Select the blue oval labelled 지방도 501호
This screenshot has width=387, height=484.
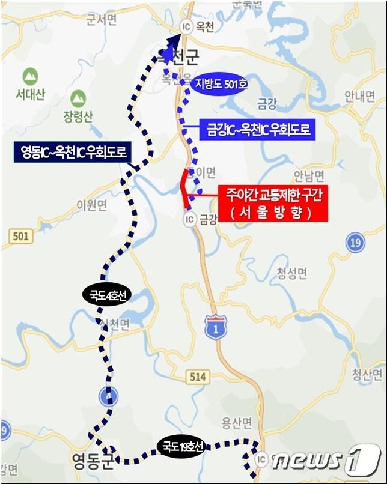pos(220,85)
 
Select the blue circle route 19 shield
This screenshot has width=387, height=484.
pos(356,243)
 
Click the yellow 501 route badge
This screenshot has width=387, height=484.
pos(20,237)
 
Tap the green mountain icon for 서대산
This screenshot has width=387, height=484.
pos(29,77)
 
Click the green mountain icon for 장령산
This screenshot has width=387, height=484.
pos(78,98)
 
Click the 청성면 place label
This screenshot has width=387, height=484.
pos(292,274)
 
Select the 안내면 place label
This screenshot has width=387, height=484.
pos(360,95)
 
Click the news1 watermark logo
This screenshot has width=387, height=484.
pos(325,459)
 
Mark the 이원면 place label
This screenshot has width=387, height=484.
pos(92,206)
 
